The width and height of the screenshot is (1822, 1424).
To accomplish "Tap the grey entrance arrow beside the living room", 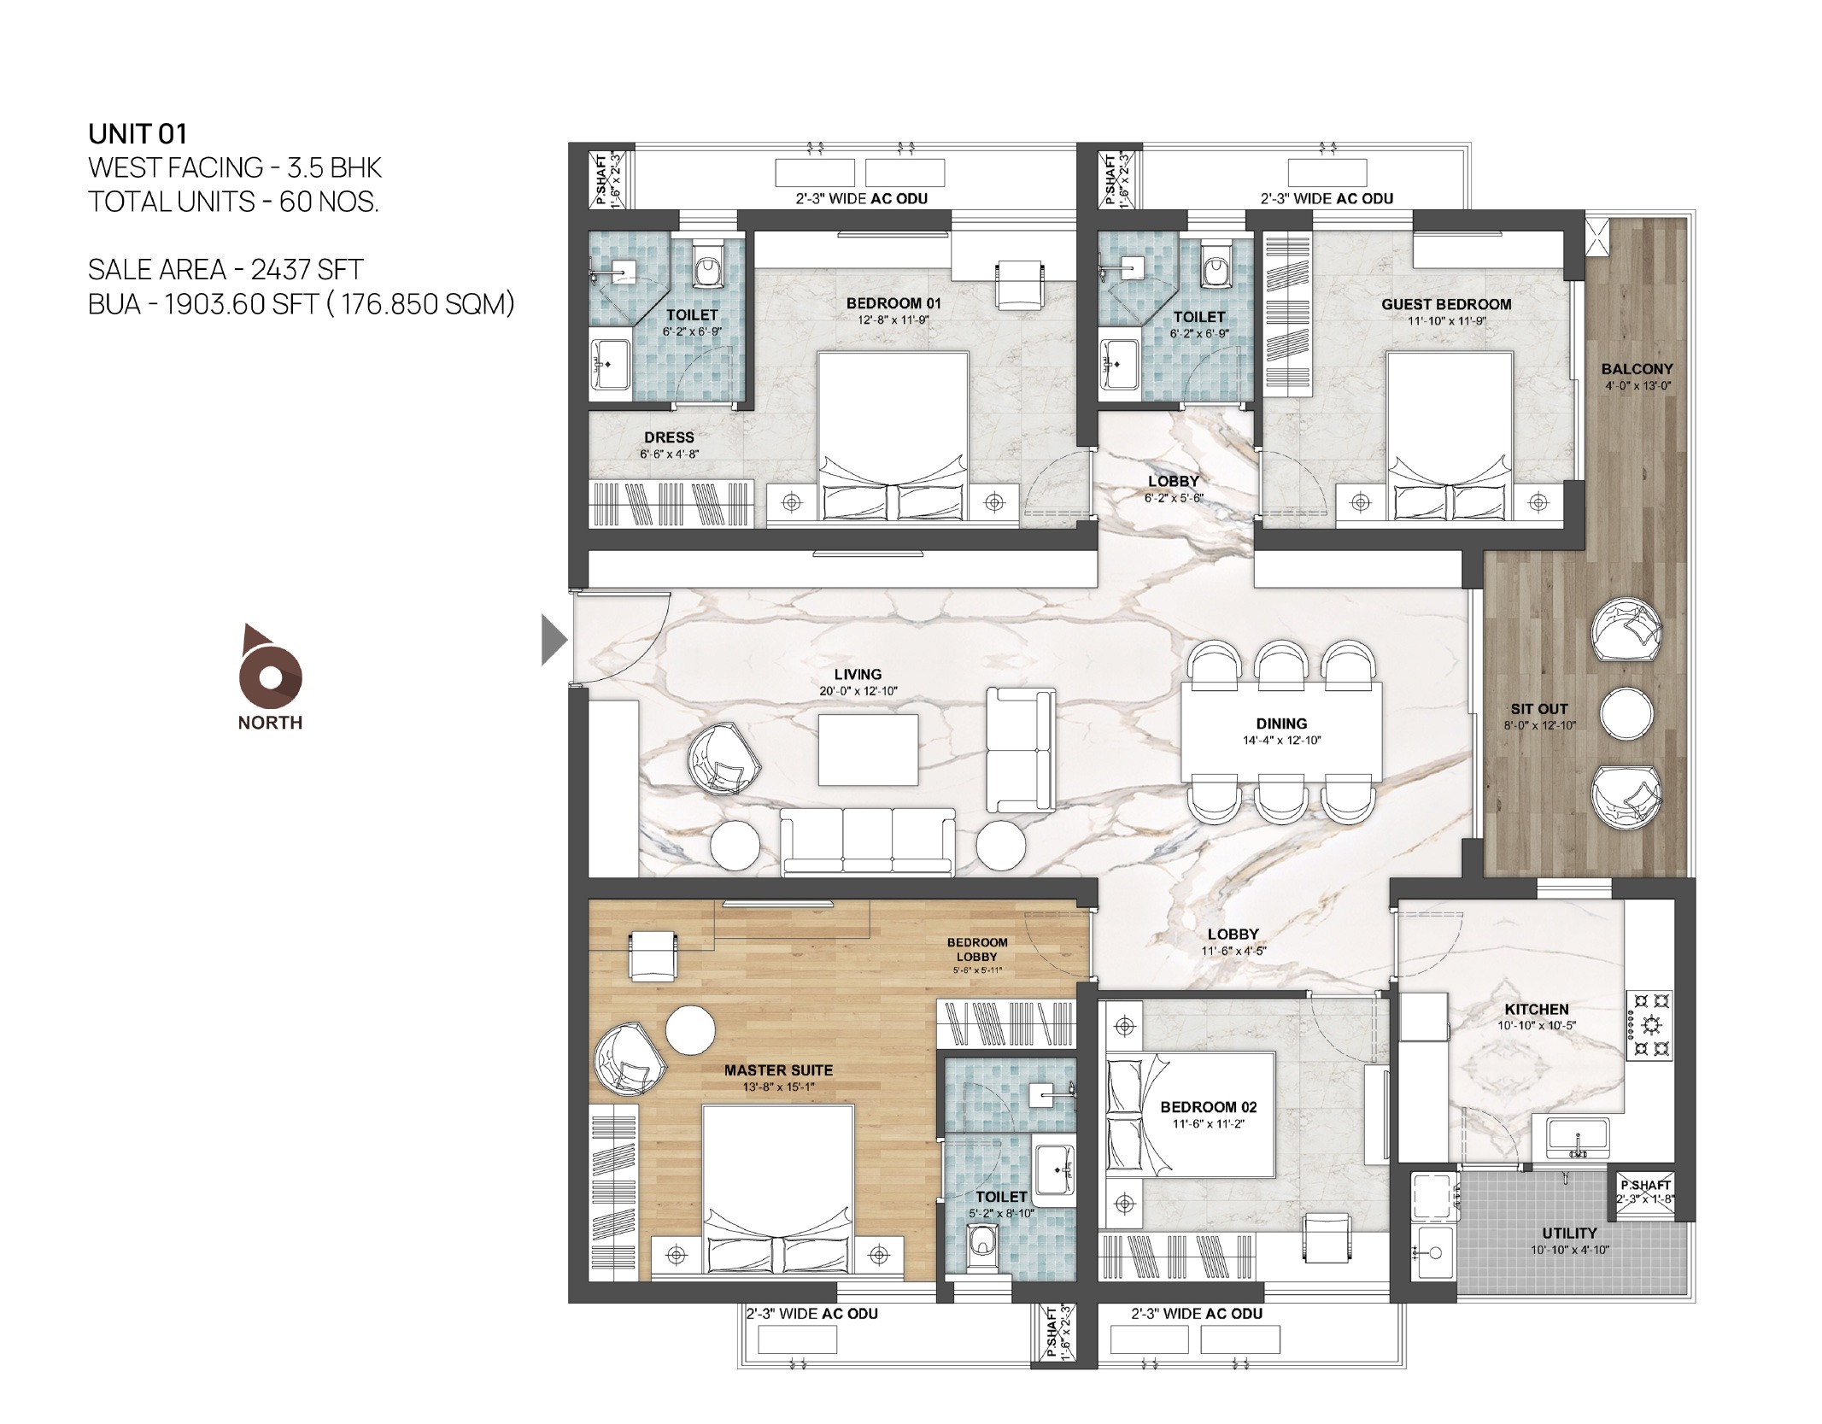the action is click(554, 641).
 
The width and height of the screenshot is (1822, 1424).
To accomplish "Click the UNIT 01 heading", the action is click(138, 133).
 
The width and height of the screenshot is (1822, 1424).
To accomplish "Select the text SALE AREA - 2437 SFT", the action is click(226, 269).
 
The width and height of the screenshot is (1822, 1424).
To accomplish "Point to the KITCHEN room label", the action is click(1537, 1009).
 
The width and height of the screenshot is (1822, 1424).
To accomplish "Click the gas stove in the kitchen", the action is click(1649, 1025).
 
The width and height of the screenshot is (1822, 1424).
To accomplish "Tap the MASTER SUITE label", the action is click(778, 1069).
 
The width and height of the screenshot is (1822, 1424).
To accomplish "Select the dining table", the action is click(1281, 731).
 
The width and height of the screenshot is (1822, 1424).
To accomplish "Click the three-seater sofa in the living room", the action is click(867, 841).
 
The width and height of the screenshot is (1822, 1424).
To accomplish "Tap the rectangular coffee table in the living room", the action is click(868, 749).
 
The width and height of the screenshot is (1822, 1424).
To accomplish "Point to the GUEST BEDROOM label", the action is click(1446, 304).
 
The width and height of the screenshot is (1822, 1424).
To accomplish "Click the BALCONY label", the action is click(1637, 369).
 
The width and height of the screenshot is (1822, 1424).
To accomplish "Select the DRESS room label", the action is click(669, 437).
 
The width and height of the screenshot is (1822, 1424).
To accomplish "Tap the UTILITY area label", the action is click(1569, 1233).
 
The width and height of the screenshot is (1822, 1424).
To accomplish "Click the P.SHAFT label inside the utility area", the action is click(1645, 1186).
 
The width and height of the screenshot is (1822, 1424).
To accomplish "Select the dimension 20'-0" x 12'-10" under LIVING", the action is click(858, 691).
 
